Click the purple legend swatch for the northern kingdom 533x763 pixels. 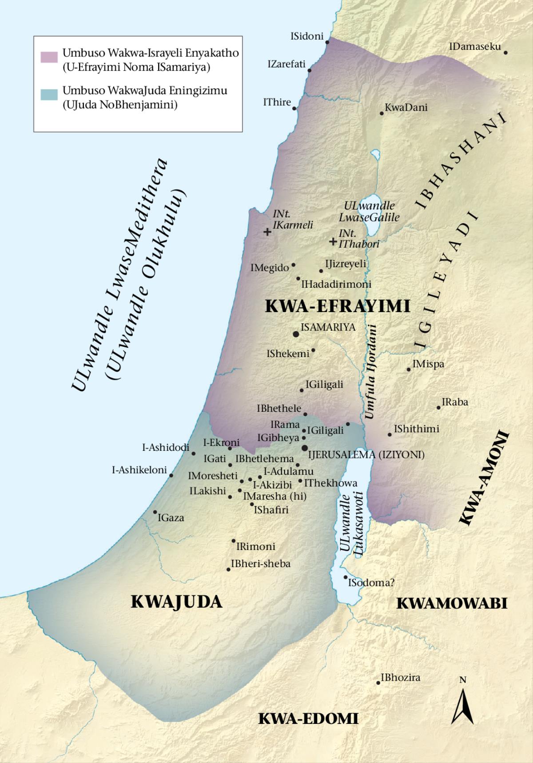point(49,57)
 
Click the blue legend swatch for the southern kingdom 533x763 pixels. point(49,94)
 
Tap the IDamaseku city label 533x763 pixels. point(475,46)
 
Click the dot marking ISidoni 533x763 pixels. point(327,42)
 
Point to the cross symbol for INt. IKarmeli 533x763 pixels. point(267,232)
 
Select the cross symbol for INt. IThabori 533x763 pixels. point(333,241)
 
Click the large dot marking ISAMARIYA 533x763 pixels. point(295,333)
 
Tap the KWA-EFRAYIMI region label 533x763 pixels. point(337,306)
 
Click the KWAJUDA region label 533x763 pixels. point(176,602)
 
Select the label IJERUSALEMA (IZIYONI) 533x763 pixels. point(366,455)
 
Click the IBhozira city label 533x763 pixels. point(400,678)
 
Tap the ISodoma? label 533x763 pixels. point(371,582)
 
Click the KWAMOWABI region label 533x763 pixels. point(451,603)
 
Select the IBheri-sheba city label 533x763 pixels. point(260,564)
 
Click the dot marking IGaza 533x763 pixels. point(155,512)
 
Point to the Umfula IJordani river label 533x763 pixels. point(370,372)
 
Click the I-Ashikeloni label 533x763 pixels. point(139,470)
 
